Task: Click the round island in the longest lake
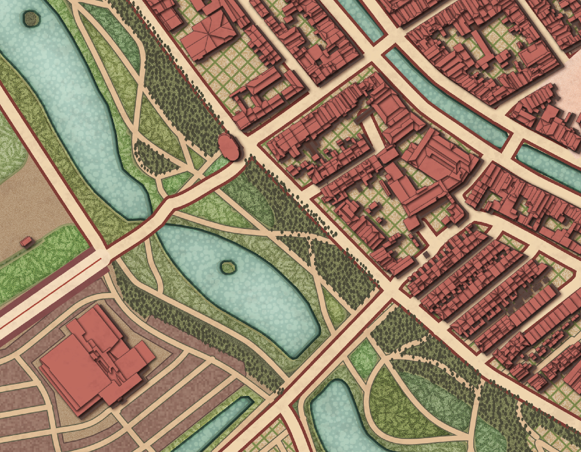(31, 18)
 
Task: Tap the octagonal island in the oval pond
(228, 268)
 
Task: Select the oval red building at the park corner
(229, 146)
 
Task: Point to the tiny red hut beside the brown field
(26, 241)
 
